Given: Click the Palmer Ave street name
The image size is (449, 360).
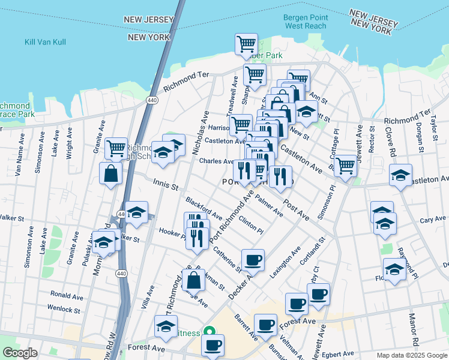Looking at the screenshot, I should (268, 204).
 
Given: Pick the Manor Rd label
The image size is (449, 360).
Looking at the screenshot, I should (412, 325).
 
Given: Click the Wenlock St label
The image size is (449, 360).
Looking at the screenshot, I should (65, 310).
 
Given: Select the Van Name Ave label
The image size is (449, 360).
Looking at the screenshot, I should (19, 161).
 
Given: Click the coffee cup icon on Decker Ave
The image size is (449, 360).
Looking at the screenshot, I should (253, 259).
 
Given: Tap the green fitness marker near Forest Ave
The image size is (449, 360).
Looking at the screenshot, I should (209, 331).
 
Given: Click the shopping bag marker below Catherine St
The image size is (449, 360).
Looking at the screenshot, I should (193, 279).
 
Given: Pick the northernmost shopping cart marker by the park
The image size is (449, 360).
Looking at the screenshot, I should (245, 44).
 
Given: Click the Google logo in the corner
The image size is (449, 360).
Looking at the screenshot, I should (20, 353).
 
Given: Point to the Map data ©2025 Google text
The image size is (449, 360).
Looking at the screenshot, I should (411, 355).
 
